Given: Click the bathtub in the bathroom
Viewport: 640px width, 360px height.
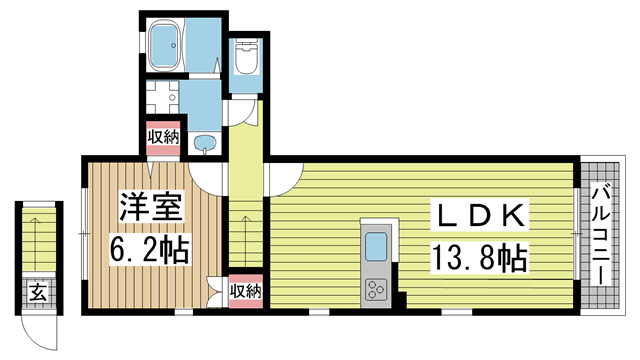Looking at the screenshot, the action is pyautogui.click(x=165, y=45).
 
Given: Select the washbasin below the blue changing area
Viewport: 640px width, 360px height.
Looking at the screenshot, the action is pyautogui.click(x=205, y=144).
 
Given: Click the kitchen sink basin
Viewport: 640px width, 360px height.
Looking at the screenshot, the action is pyautogui.click(x=376, y=246).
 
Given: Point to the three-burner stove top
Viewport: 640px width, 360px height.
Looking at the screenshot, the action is pyautogui.click(x=376, y=290).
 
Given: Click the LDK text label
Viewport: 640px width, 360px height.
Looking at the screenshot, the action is pyautogui.click(x=480, y=215).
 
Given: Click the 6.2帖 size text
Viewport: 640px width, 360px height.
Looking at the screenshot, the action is pyautogui.click(x=149, y=249).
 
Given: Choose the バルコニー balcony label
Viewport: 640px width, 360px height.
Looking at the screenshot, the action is pyautogui.click(x=599, y=236).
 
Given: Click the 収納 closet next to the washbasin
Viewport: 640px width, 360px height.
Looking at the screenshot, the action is pyautogui.click(x=163, y=138).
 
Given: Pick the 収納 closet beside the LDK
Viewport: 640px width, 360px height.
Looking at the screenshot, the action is pyautogui.click(x=245, y=291).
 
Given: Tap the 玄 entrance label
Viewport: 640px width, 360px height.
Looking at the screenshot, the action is pyautogui.click(x=38, y=293).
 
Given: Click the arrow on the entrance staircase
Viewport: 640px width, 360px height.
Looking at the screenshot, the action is pyautogui.click(x=36, y=241).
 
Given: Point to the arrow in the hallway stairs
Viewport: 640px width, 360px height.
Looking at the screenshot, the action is pyautogui.click(x=245, y=240).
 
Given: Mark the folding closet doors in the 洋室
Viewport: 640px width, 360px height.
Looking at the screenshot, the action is pyautogui.click(x=215, y=293).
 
